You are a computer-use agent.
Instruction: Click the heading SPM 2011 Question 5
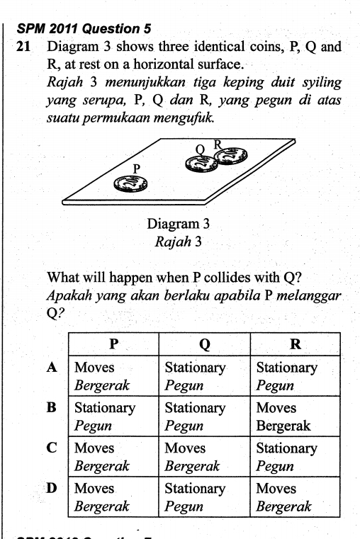pos(83,29)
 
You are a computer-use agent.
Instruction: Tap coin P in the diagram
pos(132,184)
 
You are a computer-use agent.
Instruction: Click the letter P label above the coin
pos(137,168)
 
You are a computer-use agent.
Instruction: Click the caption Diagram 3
pos(179,224)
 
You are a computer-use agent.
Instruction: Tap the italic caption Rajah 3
pos(179,241)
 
